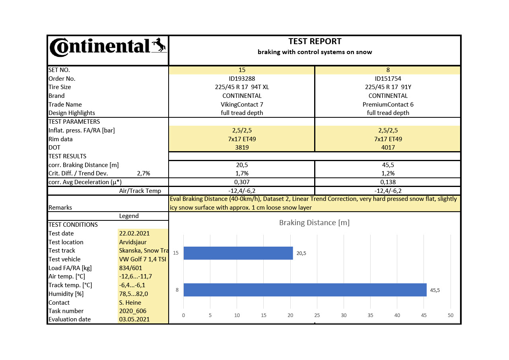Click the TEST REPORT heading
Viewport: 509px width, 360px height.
tap(315, 41)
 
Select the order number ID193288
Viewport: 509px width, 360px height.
tap(242, 79)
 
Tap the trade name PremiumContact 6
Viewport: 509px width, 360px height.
tap(388, 105)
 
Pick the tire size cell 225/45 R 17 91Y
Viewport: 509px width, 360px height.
tap(388, 87)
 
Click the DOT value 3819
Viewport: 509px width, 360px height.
tap(242, 148)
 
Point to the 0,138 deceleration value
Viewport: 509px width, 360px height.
tap(388, 182)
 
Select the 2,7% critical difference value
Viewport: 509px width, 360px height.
tap(144, 173)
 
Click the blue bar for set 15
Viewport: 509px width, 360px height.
tap(238, 253)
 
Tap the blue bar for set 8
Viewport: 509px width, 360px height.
tap(305, 290)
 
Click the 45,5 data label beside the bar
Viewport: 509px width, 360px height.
tap(435, 290)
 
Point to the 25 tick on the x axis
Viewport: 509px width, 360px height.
tap(317, 315)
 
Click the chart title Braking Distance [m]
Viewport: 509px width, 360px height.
tap(314, 222)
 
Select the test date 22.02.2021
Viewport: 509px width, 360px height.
tap(134, 234)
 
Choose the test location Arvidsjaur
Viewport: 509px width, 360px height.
tap(133, 242)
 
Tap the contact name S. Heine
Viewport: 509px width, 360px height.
tap(130, 303)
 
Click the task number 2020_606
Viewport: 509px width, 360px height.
tap(133, 311)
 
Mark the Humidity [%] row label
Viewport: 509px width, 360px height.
tap(66, 294)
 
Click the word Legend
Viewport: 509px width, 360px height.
tap(129, 216)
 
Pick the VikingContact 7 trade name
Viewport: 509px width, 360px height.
tap(242, 105)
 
